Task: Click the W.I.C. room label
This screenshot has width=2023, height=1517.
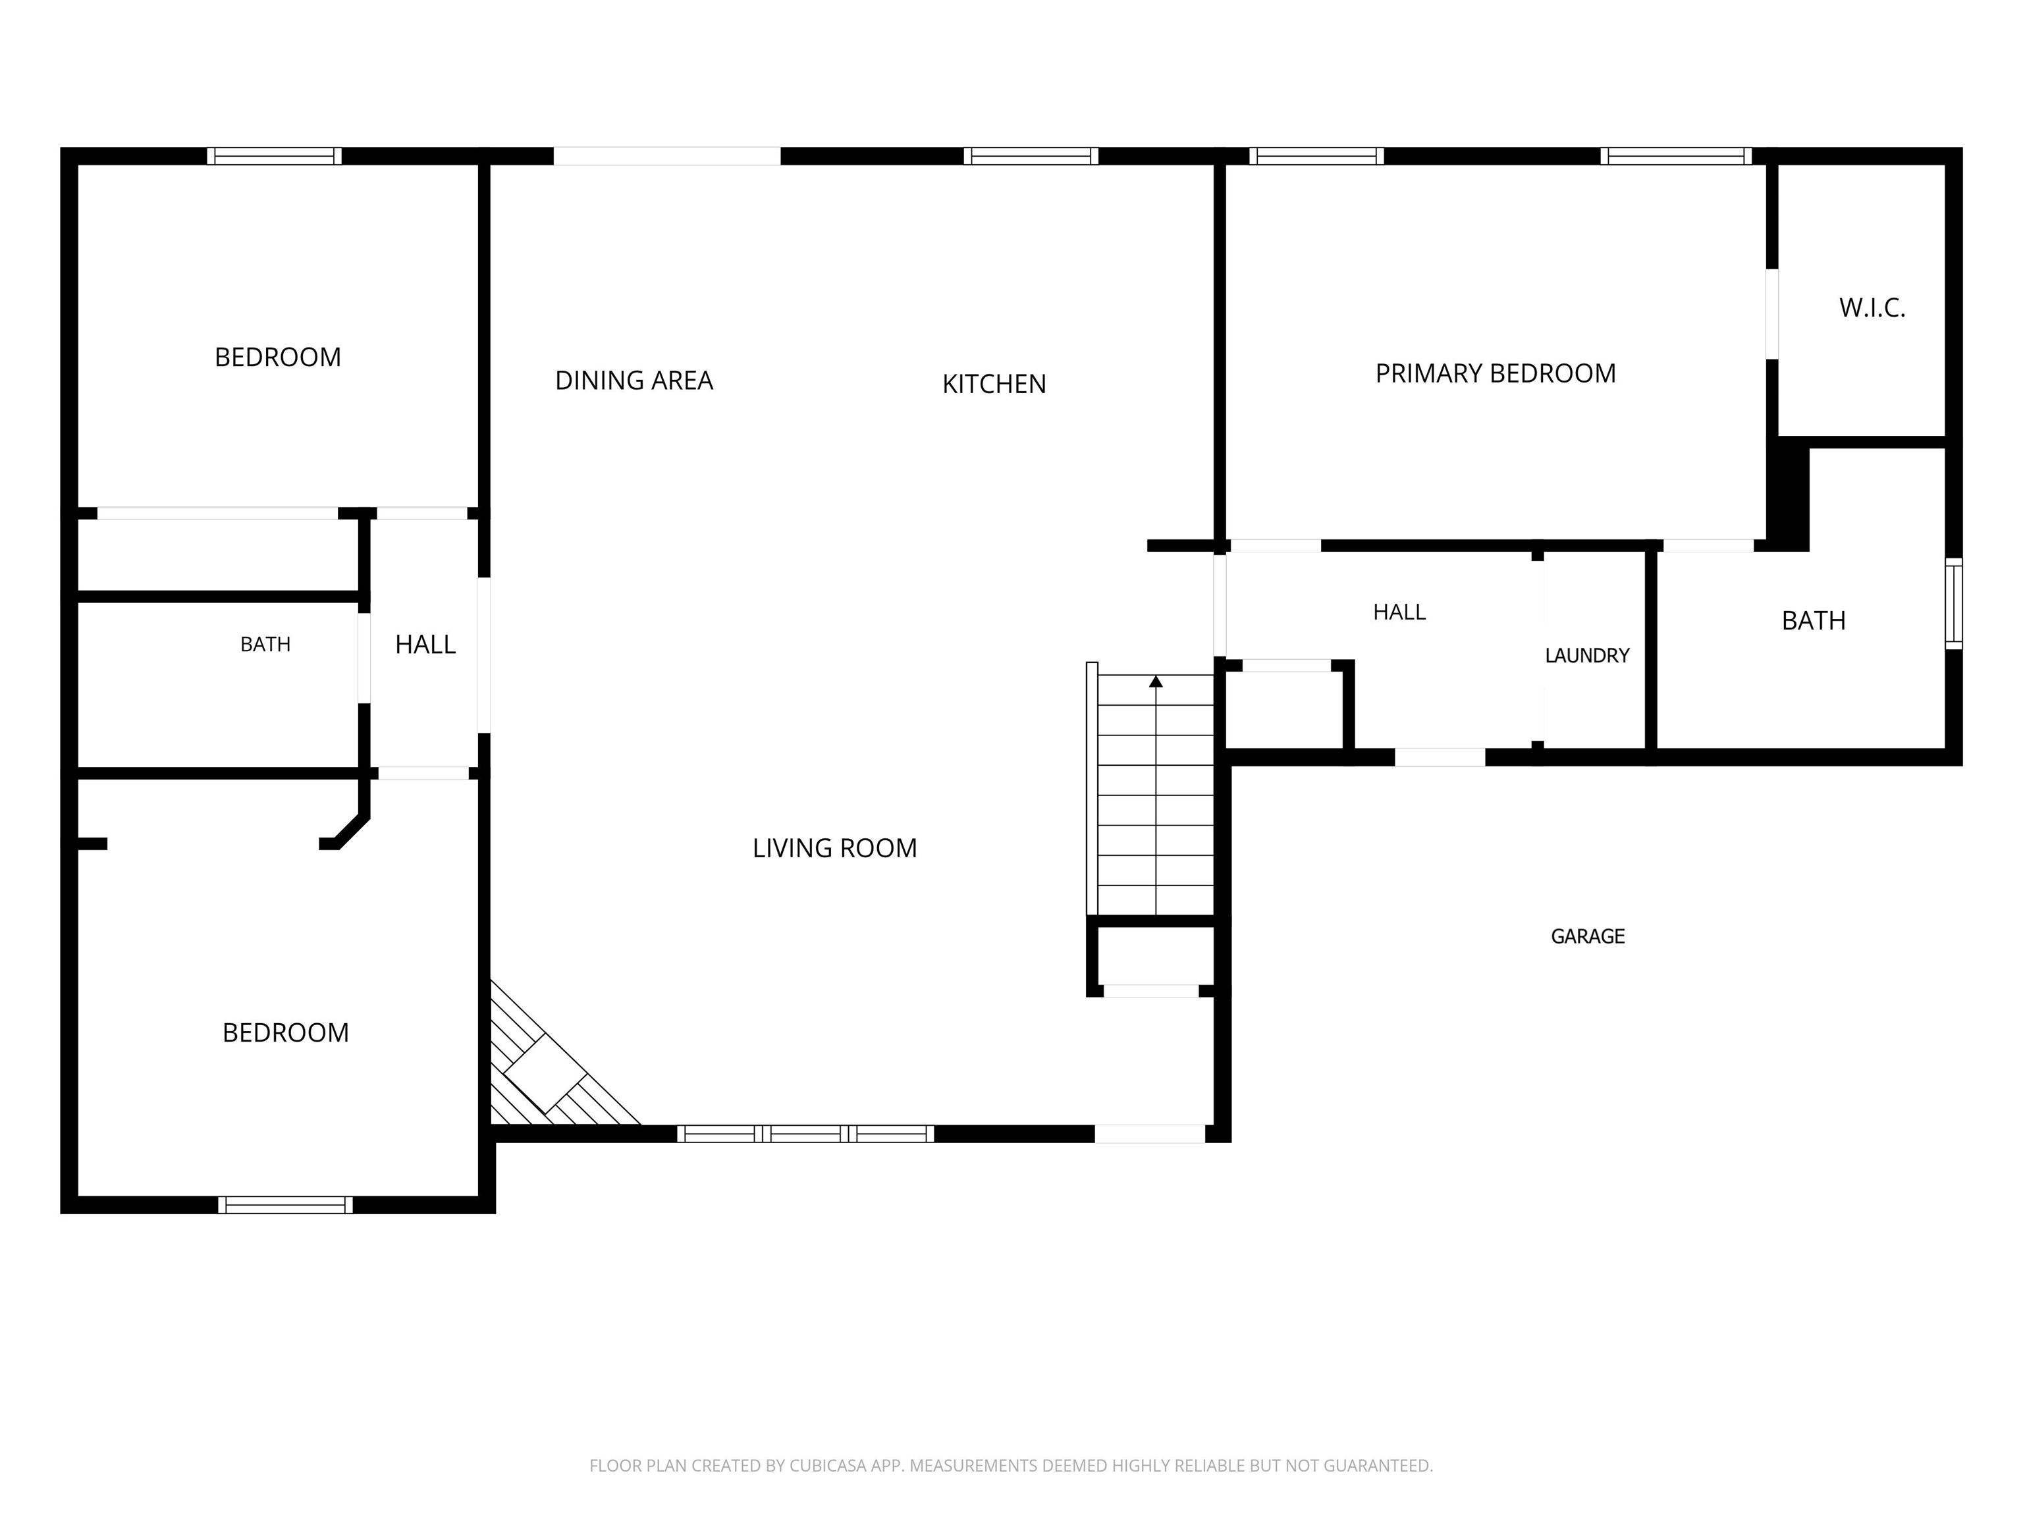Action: [x=1872, y=308]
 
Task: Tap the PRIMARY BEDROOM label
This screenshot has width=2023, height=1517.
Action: [x=1496, y=373]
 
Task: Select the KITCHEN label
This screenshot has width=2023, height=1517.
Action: [x=994, y=384]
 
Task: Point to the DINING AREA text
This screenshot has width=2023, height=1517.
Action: [x=634, y=381]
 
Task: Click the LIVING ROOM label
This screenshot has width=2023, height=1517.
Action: [x=834, y=849]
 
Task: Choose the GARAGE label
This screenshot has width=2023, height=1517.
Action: [x=1588, y=936]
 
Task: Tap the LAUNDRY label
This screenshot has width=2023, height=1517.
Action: [x=1587, y=656]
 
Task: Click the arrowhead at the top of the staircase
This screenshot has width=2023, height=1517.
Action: [x=1156, y=681]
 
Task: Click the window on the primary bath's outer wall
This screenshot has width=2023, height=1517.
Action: [x=1953, y=604]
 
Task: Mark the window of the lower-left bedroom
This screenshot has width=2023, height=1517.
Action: [x=285, y=1204]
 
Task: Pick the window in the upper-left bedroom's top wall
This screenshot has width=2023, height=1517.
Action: [x=275, y=156]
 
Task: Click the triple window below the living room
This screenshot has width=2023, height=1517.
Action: [x=806, y=1134]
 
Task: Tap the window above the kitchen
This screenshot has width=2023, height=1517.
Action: [x=1031, y=156]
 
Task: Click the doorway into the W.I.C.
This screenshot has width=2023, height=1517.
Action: [x=1771, y=313]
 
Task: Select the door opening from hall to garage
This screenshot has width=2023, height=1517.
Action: [x=1440, y=757]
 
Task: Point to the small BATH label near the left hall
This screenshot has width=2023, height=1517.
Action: [x=265, y=645]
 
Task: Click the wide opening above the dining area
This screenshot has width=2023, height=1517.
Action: [x=666, y=156]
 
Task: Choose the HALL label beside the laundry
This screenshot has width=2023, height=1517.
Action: [x=1399, y=612]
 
